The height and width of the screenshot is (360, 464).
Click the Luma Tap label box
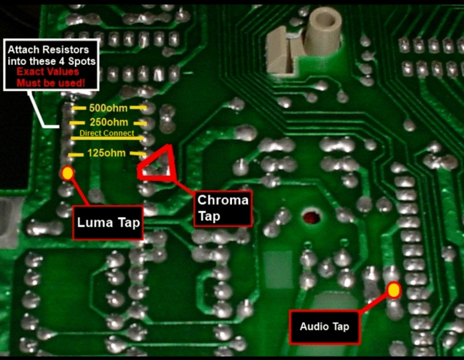(108, 222)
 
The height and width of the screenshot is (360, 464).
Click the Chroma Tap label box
(223, 208)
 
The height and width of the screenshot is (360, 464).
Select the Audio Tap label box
(324, 326)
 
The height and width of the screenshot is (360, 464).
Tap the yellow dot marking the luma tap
(67, 173)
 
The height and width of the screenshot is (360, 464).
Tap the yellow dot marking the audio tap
(394, 289)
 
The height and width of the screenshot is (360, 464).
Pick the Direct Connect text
(107, 133)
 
